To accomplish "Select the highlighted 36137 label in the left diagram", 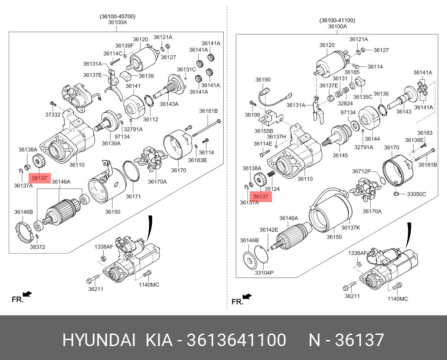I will point(39,178).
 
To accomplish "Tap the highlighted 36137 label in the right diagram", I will point(261,196).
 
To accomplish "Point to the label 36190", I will point(262,80).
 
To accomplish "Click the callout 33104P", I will point(264,272).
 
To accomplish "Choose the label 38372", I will point(38,247).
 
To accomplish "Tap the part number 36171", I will point(134,196).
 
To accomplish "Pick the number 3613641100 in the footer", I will point(236,340).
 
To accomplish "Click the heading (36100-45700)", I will point(117,16).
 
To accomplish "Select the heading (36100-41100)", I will point(337,20).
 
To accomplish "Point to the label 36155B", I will point(264,131).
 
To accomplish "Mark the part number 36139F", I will point(124,46).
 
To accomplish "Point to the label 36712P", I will point(362,171).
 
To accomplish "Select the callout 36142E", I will point(269,230).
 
